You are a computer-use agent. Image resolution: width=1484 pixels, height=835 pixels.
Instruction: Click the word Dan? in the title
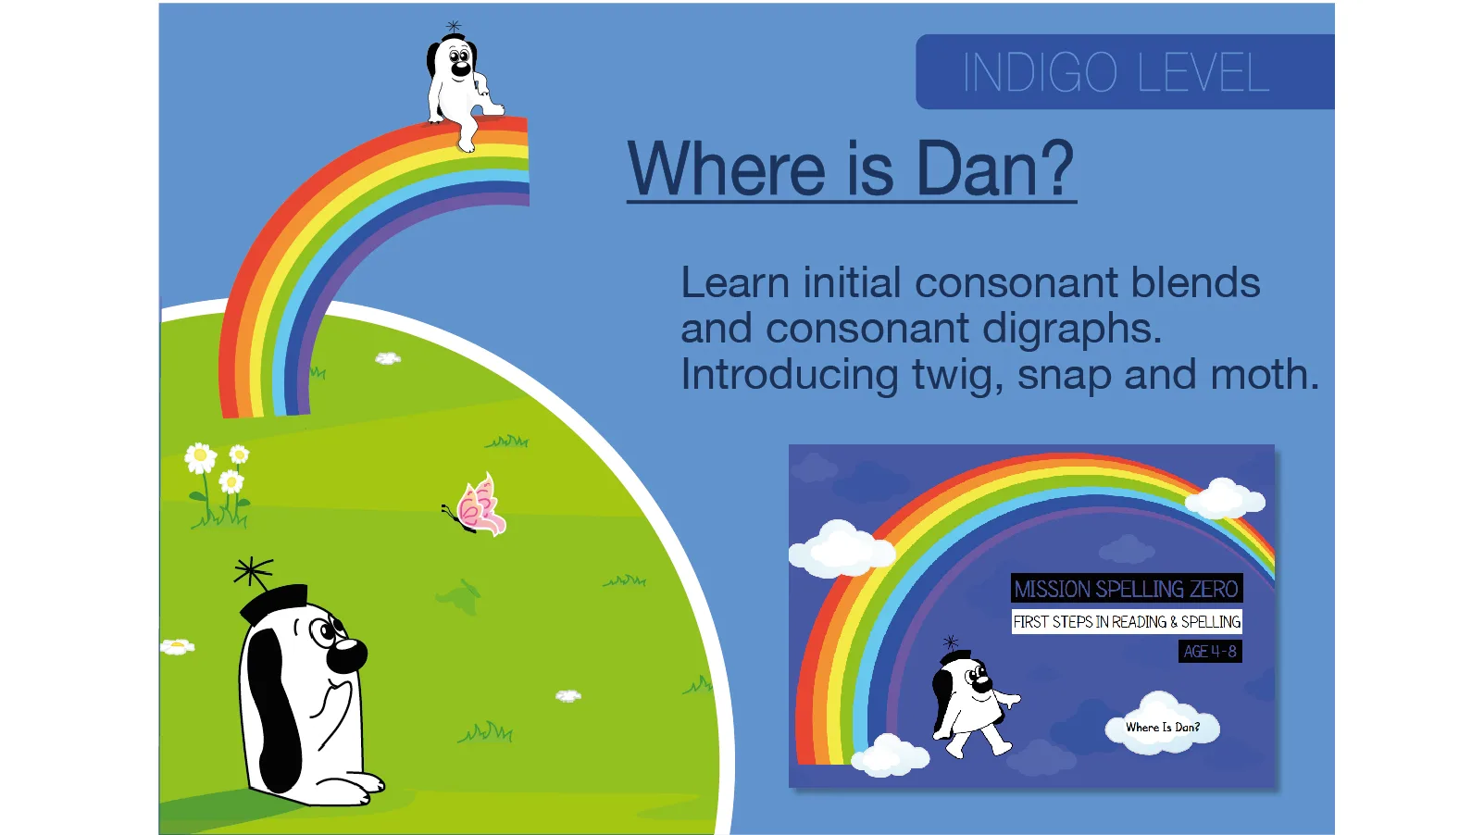point(995,169)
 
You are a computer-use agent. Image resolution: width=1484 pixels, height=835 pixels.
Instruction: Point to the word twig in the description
point(951,376)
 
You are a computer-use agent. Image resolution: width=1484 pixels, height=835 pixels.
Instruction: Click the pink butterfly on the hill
point(478,505)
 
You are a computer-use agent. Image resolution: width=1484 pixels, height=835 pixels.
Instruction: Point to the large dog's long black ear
point(271,704)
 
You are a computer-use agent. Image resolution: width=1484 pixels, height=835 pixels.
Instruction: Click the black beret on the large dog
point(274,601)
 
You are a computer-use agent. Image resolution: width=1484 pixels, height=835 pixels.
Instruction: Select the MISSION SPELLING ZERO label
point(1126,589)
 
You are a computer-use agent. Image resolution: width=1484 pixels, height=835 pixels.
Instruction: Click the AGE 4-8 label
point(1209,652)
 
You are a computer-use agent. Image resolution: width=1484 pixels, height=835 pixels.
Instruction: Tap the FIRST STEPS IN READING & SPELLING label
point(1126,622)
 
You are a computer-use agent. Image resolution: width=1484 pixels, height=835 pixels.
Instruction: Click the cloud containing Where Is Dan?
point(1162,727)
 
